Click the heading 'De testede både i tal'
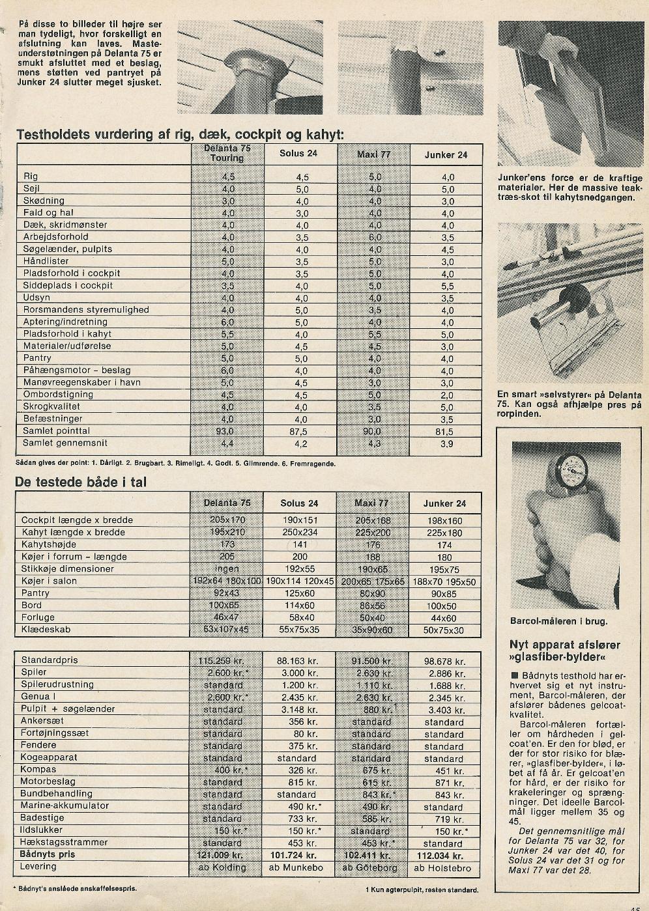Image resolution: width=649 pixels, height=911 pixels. tap(81, 483)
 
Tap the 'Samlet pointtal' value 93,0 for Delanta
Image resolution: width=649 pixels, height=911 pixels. tap(227, 431)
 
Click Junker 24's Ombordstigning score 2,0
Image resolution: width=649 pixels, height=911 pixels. tap(446, 395)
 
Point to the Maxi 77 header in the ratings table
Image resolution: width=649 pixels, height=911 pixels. tap(373, 155)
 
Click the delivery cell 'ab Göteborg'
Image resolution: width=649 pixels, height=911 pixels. tap(369, 867)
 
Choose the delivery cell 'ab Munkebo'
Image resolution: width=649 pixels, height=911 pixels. tap(296, 867)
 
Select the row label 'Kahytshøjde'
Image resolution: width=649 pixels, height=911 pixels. tap(49, 544)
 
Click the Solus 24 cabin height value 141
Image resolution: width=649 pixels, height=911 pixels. tap(300, 545)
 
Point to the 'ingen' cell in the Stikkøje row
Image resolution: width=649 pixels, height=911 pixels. tap(226, 568)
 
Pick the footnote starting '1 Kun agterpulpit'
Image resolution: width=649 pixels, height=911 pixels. tap(422, 890)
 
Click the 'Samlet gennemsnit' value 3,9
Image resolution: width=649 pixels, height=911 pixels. tap(446, 444)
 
